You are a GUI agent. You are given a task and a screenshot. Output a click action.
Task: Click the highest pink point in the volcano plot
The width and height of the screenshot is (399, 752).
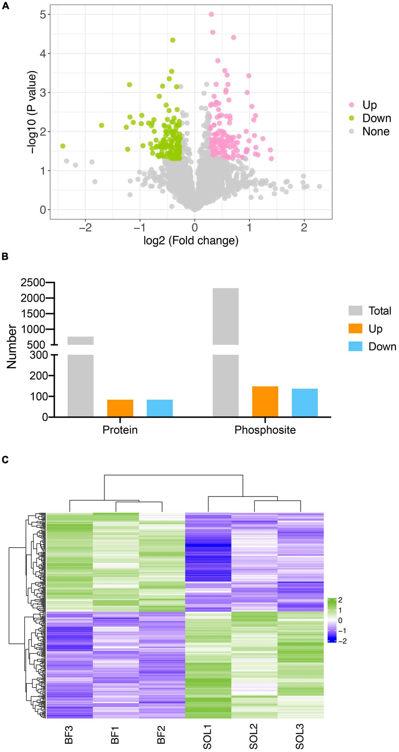coord(211,14)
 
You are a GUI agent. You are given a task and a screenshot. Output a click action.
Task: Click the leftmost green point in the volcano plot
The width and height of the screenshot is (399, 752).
coord(62,146)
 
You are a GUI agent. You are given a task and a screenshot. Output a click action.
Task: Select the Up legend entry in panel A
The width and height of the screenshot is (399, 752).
coord(369,105)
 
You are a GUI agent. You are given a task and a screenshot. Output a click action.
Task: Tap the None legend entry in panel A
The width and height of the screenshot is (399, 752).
coord(376,131)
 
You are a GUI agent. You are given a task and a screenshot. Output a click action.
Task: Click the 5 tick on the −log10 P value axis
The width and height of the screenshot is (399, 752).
coord(43,14)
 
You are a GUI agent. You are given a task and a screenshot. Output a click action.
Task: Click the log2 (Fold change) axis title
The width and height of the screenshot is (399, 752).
coord(191,241)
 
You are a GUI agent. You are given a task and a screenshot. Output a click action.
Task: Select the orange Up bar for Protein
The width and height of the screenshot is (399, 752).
coord(120,408)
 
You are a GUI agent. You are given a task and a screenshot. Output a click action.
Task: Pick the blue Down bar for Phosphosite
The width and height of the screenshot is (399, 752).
coord(305,402)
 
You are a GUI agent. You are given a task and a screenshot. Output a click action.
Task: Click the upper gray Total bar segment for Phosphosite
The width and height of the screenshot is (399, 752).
coord(226,316)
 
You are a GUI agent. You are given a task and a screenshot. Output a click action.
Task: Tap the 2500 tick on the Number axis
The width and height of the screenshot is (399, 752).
coord(33,282)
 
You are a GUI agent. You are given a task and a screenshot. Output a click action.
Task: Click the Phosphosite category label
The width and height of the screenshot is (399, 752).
coord(265,430)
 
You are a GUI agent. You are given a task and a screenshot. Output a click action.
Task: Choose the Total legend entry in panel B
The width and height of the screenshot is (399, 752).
coord(379,311)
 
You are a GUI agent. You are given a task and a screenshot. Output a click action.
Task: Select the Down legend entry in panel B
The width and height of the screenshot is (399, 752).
coord(382,347)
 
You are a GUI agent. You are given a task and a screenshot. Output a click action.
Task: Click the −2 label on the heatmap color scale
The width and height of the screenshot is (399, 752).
coord(342,641)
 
